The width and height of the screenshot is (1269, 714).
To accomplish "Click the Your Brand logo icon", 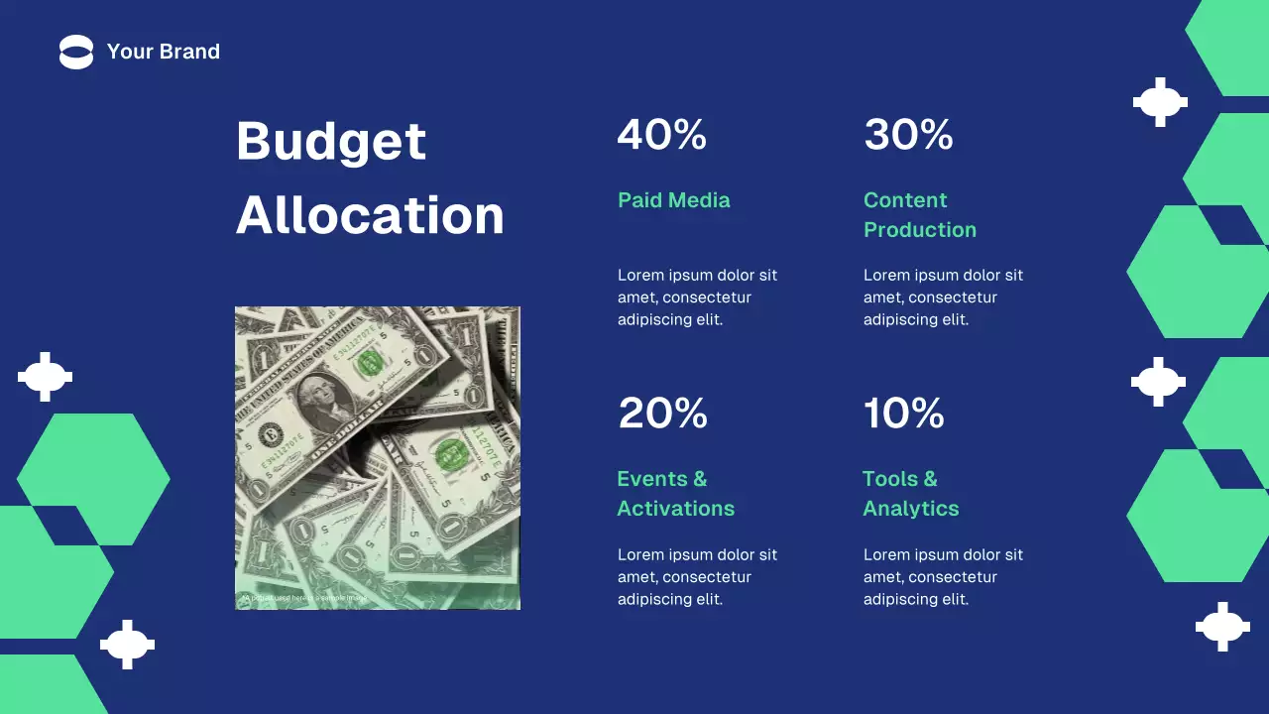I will tap(76, 52).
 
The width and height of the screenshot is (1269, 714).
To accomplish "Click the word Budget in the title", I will tap(331, 141).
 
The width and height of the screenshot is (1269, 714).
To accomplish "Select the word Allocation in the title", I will tap(370, 215).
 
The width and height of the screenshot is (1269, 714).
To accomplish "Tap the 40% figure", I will tap(661, 135).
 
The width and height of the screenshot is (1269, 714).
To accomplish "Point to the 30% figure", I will tap(908, 135).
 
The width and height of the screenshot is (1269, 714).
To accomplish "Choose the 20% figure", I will tap(662, 414).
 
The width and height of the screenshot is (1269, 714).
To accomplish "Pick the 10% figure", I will tap(903, 414).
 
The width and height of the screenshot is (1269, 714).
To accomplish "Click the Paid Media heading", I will tap(673, 200).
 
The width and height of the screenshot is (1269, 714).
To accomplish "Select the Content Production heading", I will tap(919, 215).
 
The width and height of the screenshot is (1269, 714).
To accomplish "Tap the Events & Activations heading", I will tap(675, 494).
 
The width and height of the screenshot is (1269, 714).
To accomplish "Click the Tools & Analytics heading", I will tap(910, 494).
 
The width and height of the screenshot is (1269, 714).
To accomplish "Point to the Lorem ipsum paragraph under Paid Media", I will tap(697, 297).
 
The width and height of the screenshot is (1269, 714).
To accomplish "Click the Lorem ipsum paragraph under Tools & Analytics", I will tap(943, 577).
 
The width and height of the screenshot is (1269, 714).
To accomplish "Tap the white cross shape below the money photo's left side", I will tap(128, 645).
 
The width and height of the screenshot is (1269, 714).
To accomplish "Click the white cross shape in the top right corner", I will tap(1160, 102).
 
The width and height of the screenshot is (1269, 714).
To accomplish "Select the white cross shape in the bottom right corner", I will tap(1222, 627).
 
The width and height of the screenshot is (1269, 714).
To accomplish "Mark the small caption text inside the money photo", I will tap(303, 598).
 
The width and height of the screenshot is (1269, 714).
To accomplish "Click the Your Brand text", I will tap(164, 52).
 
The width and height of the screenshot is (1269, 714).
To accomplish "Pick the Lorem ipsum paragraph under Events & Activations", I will tap(697, 577).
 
